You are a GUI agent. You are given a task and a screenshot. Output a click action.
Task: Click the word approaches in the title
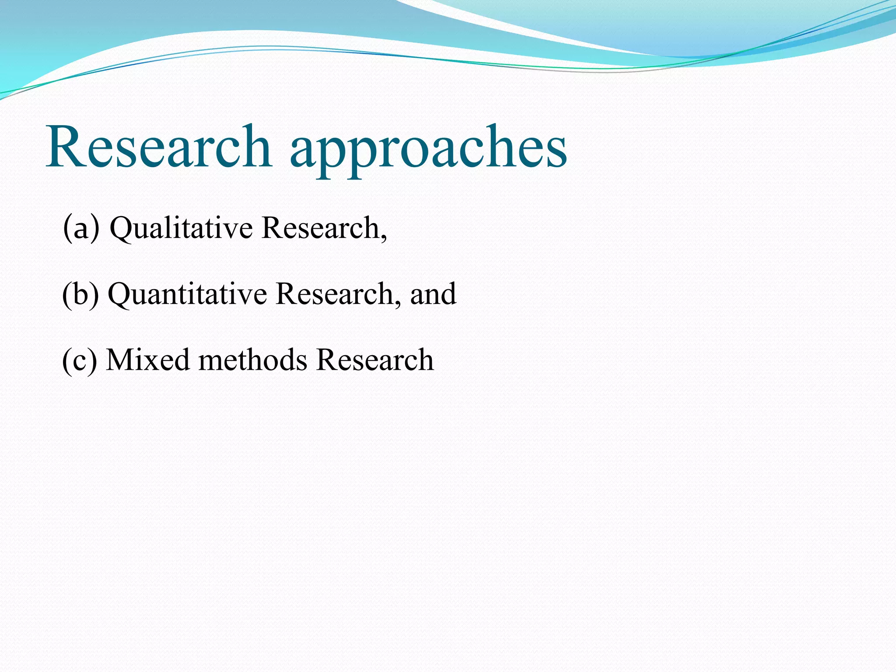click(428, 151)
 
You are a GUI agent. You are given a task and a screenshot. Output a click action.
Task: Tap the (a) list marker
click(81, 227)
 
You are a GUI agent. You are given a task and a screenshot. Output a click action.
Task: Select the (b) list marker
click(80, 294)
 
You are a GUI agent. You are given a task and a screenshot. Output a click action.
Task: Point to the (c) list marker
click(80, 360)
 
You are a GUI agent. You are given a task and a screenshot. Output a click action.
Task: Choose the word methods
click(253, 360)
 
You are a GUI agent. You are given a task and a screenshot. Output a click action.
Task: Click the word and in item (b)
click(433, 294)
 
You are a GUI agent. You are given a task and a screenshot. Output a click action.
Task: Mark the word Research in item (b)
click(335, 294)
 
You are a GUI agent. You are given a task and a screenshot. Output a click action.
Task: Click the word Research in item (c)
click(374, 360)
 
